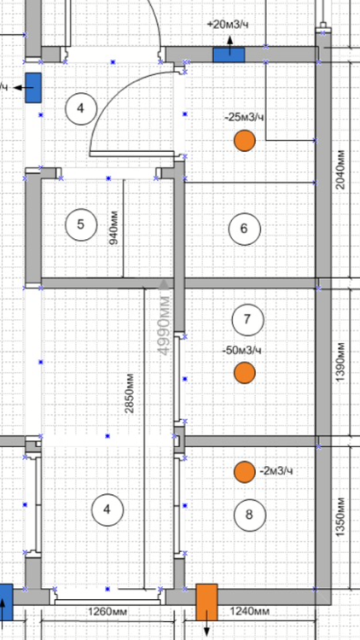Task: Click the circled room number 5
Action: (81, 224)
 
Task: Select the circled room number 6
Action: (245, 229)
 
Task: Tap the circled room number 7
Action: (247, 319)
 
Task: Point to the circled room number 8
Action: (250, 515)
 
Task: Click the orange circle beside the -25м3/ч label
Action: (245, 141)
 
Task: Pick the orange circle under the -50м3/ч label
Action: (245, 373)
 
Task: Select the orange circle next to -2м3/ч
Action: (245, 472)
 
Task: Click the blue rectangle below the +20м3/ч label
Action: (229, 55)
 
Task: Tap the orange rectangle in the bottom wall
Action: (206, 602)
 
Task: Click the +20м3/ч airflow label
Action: (228, 25)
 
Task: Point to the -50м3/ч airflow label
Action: (241, 350)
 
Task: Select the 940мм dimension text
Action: (113, 228)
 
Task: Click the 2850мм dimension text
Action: (130, 393)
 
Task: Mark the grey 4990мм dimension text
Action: (164, 324)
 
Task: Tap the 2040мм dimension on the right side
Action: (340, 170)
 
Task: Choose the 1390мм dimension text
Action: (340, 362)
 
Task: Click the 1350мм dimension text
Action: (340, 517)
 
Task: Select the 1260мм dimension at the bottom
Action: (107, 612)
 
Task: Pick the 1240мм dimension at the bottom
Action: (250, 612)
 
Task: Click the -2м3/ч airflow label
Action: (276, 471)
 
